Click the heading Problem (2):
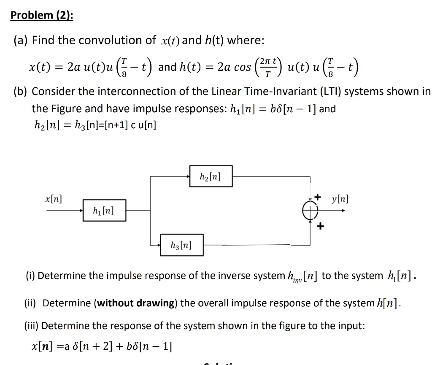pyautogui.click(x=42, y=16)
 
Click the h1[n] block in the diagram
pyautogui.click(x=103, y=210)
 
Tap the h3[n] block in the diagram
pyautogui.click(x=181, y=245)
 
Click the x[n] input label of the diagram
pyautogui.click(x=54, y=198)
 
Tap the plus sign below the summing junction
pyautogui.click(x=320, y=227)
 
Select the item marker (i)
pyautogui.click(x=31, y=276)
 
